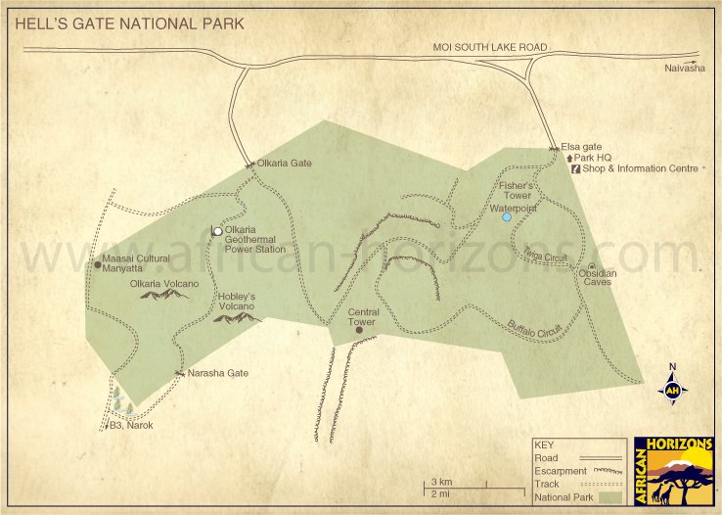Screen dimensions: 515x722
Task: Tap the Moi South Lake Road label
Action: tap(490, 47)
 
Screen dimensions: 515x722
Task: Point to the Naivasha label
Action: tap(684, 68)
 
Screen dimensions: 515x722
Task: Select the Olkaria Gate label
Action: tap(284, 164)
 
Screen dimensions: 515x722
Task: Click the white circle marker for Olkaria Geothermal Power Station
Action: tap(217, 231)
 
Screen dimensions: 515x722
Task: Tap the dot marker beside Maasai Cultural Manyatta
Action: tap(97, 262)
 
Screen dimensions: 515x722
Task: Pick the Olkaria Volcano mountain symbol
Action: tap(164, 294)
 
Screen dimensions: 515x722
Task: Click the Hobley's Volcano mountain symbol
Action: tap(237, 317)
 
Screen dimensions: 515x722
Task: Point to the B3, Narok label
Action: tap(131, 426)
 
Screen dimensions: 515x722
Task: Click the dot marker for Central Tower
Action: tap(359, 330)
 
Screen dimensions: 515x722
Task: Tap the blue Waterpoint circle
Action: tap(507, 217)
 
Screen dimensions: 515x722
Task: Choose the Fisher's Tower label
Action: tap(516, 190)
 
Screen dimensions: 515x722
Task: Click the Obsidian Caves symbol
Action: tap(591, 267)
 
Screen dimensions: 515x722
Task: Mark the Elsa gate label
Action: tap(581, 146)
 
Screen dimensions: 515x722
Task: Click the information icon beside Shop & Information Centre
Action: tap(575, 168)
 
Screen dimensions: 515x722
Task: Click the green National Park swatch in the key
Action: tap(611, 497)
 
